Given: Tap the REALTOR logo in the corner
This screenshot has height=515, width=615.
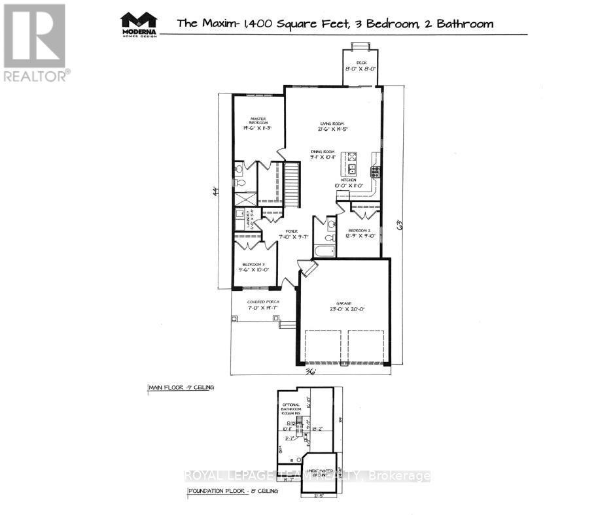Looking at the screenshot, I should (x=35, y=42).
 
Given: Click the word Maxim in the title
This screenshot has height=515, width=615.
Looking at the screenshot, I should (x=219, y=24).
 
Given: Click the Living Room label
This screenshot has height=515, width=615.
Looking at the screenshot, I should (x=332, y=126).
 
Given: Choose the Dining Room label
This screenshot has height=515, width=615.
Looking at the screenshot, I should (x=323, y=154).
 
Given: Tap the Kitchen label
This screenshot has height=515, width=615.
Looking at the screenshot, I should (x=348, y=182).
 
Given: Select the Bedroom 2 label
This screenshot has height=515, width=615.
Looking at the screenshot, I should (x=360, y=233).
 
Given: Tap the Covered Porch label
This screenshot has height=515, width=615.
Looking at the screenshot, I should (x=263, y=305).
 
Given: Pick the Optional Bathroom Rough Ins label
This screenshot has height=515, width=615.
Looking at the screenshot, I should (x=289, y=407).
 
